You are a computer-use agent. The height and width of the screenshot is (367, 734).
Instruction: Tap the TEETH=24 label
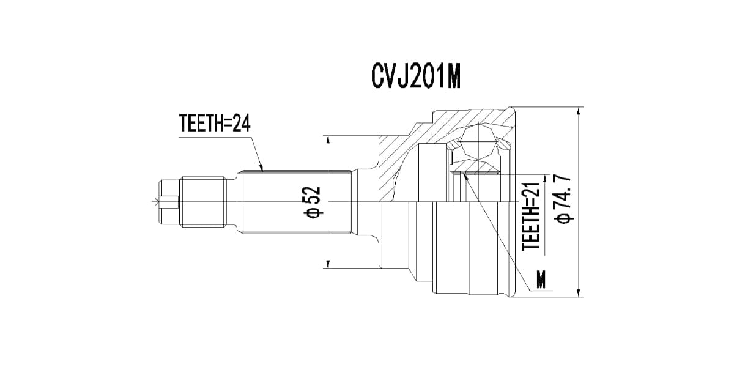(x=215, y=124)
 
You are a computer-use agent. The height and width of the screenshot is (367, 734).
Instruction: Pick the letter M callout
(x=541, y=281)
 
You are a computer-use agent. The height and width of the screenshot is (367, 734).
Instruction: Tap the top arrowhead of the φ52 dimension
(x=328, y=139)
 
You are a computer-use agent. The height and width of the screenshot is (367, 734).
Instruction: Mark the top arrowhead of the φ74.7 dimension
(x=578, y=111)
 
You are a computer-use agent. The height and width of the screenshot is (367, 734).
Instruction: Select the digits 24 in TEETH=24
(x=242, y=124)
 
